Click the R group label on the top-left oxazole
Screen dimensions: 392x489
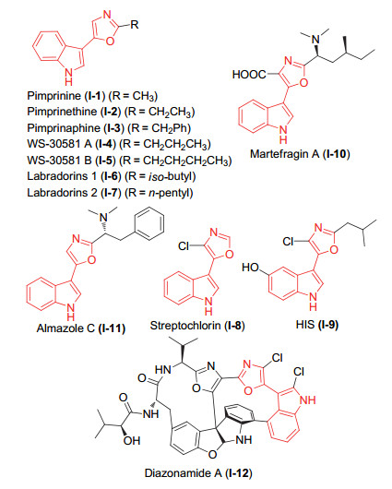click(x=135, y=24)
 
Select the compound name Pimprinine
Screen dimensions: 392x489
click(x=53, y=96)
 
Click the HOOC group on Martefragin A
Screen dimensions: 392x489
click(x=249, y=75)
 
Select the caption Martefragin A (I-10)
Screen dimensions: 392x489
click(x=300, y=154)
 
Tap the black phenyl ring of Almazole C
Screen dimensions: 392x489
click(x=149, y=223)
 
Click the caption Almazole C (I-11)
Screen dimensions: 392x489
click(x=81, y=328)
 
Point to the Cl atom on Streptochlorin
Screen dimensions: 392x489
click(x=184, y=246)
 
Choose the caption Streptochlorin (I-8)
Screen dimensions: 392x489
click(x=197, y=326)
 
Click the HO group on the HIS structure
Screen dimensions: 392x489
click(x=250, y=268)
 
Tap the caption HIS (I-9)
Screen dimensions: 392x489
click(x=317, y=325)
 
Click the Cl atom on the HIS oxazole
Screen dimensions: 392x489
click(x=288, y=242)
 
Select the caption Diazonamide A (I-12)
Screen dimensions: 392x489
click(x=198, y=473)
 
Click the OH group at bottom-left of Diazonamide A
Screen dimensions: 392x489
click(x=132, y=441)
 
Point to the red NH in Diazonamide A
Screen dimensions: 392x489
click(x=307, y=400)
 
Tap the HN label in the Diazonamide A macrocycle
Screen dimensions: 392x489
click(x=162, y=370)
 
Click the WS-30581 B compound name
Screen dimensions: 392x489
click(x=59, y=161)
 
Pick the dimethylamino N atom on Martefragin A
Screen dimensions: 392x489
click(x=316, y=40)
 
